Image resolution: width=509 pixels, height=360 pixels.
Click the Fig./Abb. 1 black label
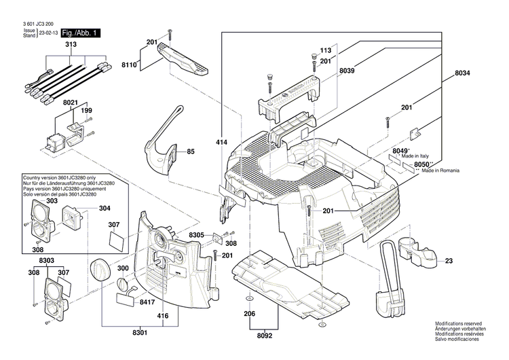pyautogui.click(x=81, y=33)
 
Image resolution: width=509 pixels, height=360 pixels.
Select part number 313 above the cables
pyautogui.click(x=71, y=44)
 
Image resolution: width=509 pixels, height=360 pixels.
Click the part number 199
pyautogui.click(x=86, y=110)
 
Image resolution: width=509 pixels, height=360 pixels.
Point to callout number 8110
pyautogui.click(x=129, y=65)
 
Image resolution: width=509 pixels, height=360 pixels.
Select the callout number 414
pyautogui.click(x=221, y=144)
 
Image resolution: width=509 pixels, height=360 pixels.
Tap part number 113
pyautogui.click(x=326, y=51)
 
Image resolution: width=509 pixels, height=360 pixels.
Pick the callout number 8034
pyautogui.click(x=463, y=73)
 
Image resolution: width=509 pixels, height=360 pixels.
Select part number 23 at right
pyautogui.click(x=449, y=259)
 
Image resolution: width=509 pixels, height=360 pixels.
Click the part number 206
pyautogui.click(x=250, y=314)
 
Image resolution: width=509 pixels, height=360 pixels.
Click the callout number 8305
pyautogui.click(x=197, y=234)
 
